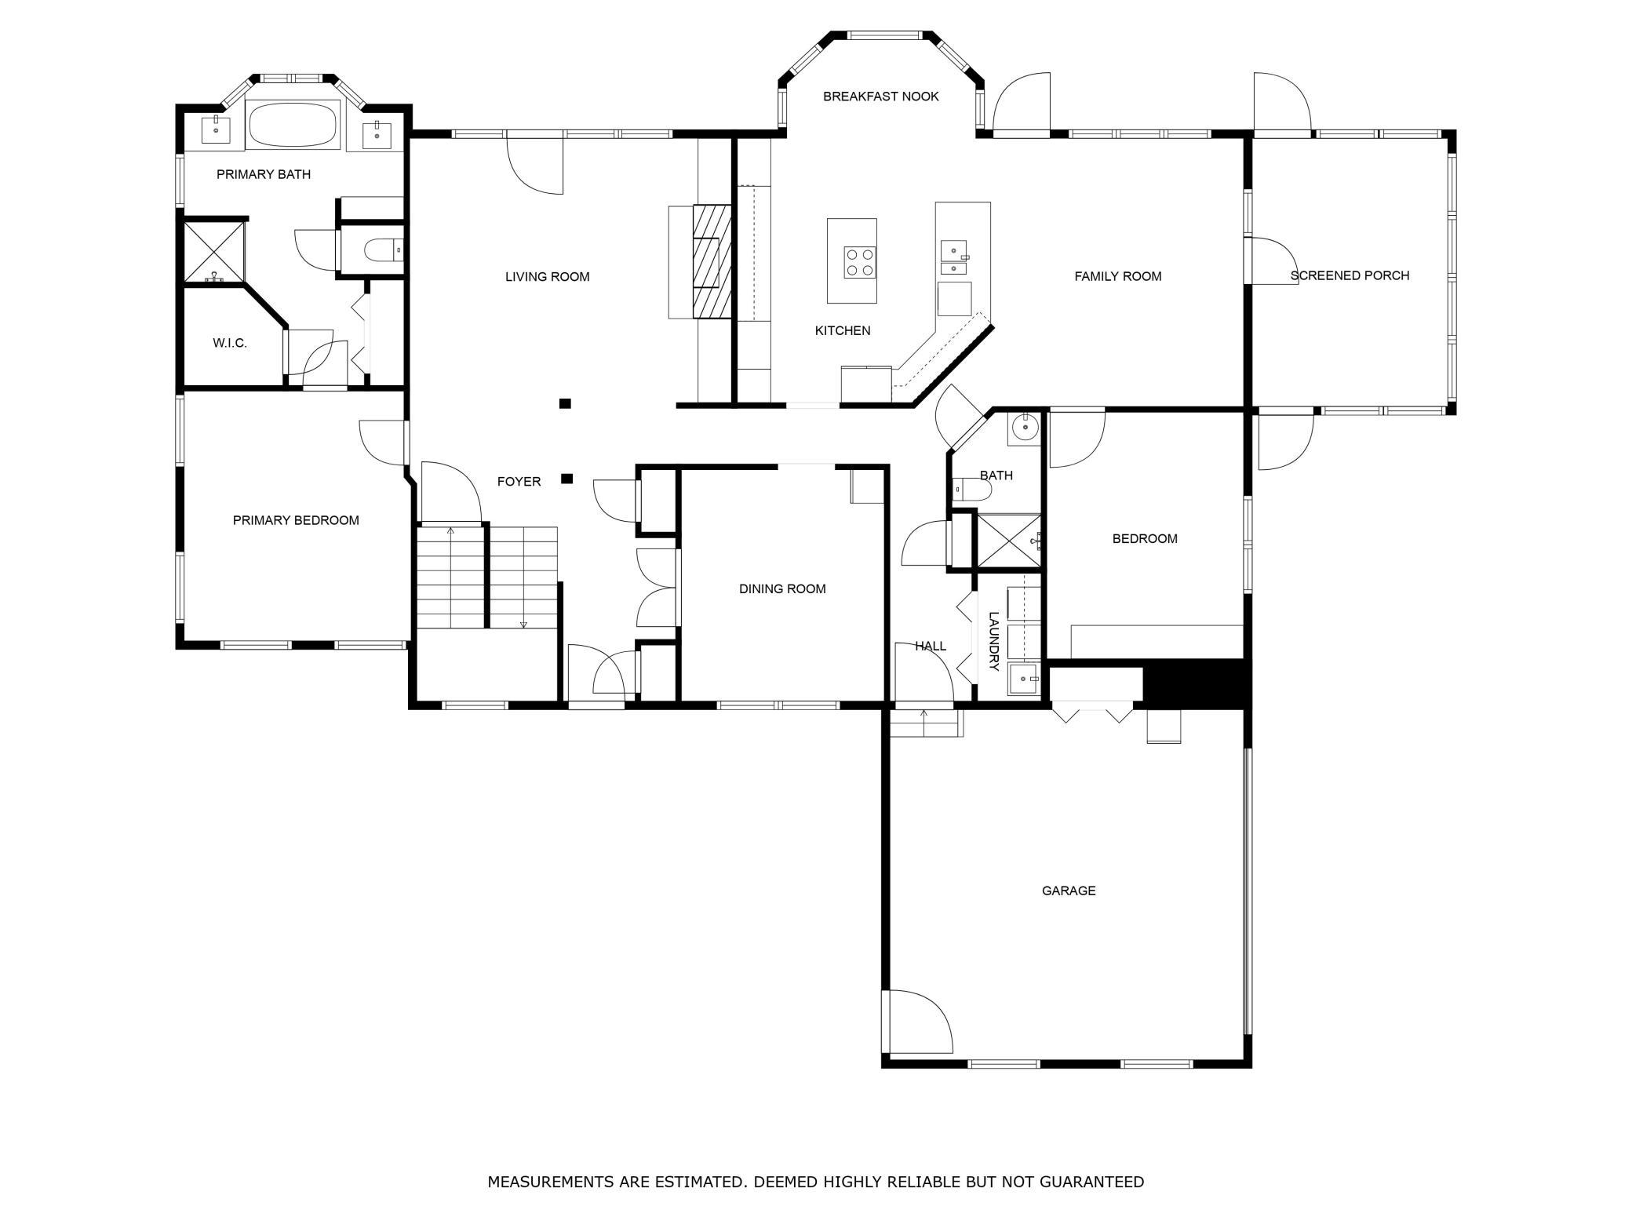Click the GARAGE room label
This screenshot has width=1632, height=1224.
tap(1068, 891)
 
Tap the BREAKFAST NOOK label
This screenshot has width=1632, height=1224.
tap(880, 97)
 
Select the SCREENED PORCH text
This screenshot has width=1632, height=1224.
tap(1350, 275)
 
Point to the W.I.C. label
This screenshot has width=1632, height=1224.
tap(230, 343)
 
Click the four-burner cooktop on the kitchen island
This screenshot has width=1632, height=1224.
tap(860, 262)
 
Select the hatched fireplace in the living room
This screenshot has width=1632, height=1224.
tap(712, 261)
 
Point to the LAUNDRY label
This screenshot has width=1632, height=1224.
tap(994, 641)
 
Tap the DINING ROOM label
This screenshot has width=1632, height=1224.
tap(782, 588)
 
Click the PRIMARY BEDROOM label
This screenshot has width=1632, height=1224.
tap(296, 520)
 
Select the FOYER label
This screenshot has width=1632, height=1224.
tap(519, 482)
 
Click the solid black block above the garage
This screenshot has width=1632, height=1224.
tap(1194, 683)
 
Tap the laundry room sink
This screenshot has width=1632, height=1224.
tap(1025, 679)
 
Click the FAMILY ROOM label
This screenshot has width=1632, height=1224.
tap(1117, 276)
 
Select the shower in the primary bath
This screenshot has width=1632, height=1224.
tap(214, 252)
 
